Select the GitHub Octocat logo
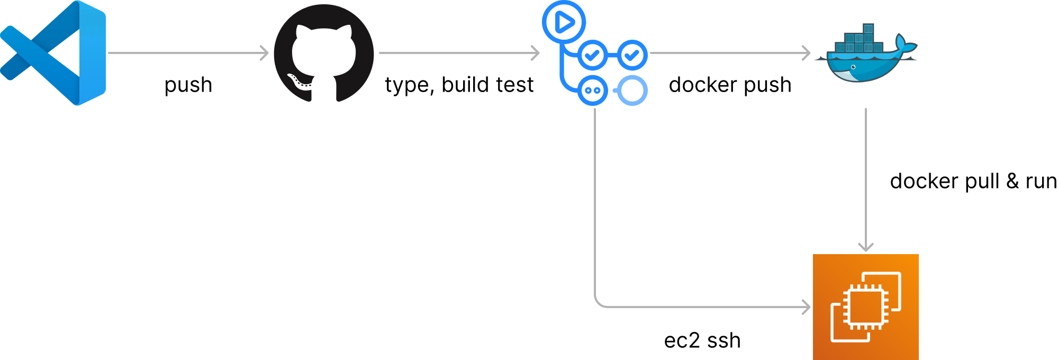(324, 53)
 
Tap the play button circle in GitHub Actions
(564, 22)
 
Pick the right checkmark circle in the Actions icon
(632, 55)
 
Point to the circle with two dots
(593, 91)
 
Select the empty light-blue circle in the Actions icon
(632, 91)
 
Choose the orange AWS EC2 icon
(866, 307)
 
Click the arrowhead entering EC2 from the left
(807, 307)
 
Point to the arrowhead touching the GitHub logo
(265, 53)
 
